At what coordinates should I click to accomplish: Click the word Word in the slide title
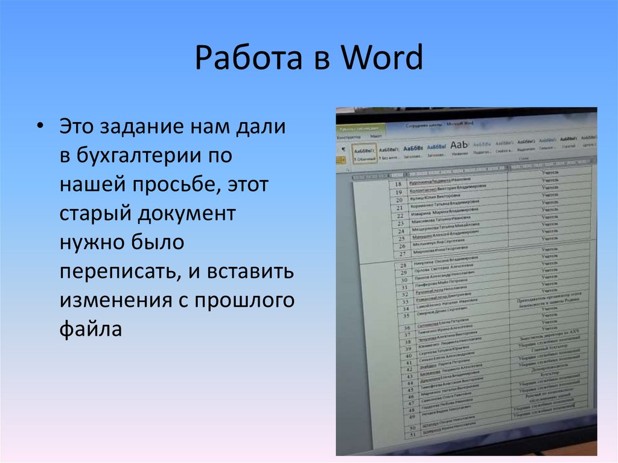click(381, 60)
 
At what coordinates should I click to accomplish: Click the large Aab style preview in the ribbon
click(459, 145)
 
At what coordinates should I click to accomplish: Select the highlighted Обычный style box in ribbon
click(365, 154)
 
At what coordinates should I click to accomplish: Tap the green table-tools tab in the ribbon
click(360, 128)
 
